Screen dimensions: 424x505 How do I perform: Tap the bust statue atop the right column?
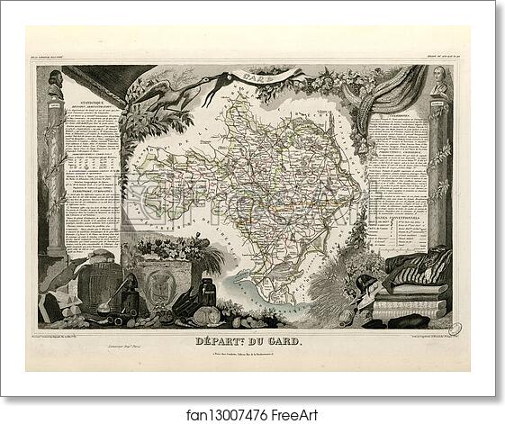coord(439,81)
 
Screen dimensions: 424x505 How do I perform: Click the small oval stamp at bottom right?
coord(455,329)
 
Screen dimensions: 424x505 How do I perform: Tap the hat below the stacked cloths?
coord(410,319)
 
